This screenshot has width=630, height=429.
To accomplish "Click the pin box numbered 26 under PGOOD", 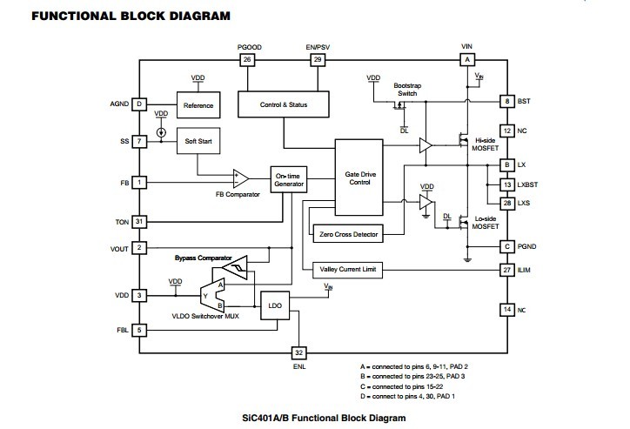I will [x=247, y=59].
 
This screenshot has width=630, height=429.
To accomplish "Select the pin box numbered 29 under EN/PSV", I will [x=318, y=59].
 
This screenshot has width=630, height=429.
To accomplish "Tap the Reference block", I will [x=197, y=105].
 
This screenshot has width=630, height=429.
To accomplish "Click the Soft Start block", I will [x=197, y=141].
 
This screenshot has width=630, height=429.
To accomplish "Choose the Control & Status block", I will [x=284, y=105].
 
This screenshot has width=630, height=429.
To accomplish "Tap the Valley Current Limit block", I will [x=348, y=271].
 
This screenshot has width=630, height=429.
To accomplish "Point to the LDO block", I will [x=275, y=306].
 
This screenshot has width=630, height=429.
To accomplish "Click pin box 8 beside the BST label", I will [x=506, y=102].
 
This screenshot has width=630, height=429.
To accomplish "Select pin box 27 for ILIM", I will [x=506, y=271].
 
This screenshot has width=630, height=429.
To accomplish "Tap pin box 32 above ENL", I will [x=298, y=352].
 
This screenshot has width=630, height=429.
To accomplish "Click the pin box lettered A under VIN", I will [x=467, y=59].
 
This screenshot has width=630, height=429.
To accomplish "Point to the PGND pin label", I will [x=527, y=246].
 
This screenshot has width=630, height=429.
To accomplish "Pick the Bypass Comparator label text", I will [x=203, y=258].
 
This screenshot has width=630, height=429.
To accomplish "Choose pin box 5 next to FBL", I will [x=138, y=330].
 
